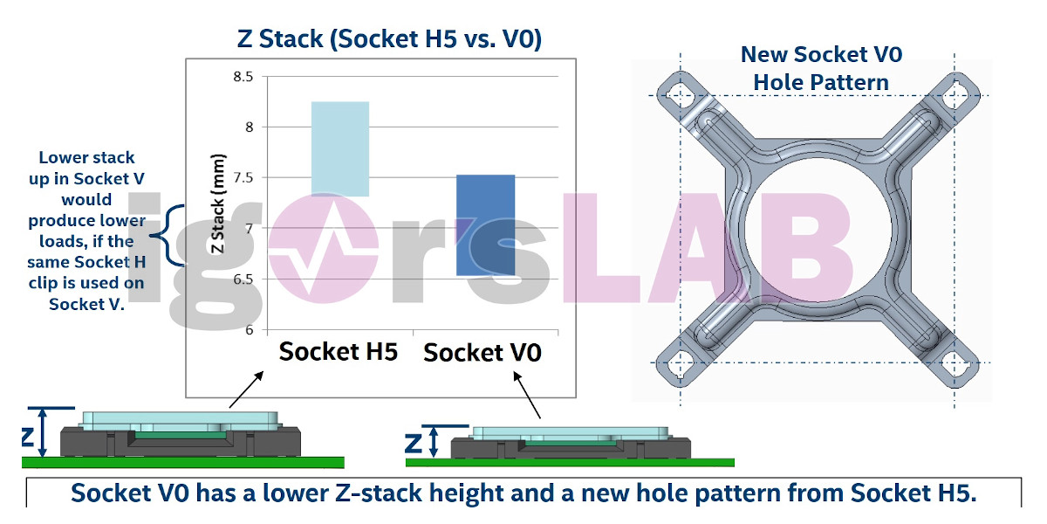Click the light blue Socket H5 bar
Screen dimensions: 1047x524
(x=340, y=148)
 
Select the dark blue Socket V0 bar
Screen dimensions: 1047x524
(x=486, y=225)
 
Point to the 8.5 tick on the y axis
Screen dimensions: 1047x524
(x=243, y=77)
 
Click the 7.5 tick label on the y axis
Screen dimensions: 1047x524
(x=243, y=178)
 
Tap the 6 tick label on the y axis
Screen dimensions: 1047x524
(x=250, y=330)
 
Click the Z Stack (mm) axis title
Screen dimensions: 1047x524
(x=218, y=203)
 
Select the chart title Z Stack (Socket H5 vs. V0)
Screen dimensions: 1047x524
(x=389, y=38)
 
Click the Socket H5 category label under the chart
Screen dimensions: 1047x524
(x=338, y=351)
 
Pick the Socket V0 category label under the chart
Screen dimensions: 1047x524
(x=482, y=352)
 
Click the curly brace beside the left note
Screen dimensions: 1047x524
(x=165, y=235)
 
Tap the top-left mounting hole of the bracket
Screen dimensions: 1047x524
(x=679, y=95)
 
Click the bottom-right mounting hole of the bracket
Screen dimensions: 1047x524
(x=955, y=363)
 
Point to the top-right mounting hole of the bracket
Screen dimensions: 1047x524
(x=955, y=95)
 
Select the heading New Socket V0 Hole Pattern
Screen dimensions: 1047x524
(x=821, y=68)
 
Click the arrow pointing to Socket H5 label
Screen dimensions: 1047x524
(x=246, y=390)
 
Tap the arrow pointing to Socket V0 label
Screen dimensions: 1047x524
(x=527, y=395)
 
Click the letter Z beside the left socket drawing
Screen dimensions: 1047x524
(x=28, y=437)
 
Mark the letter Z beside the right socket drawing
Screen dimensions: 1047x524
(x=414, y=443)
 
